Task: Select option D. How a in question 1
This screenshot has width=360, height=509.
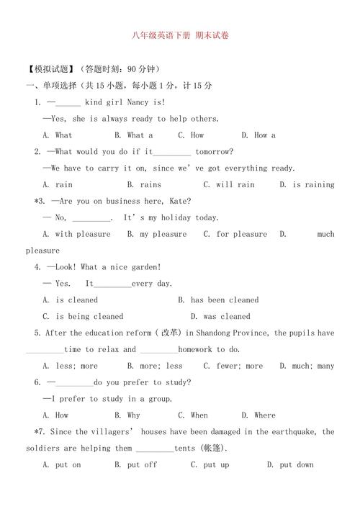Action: (258, 135)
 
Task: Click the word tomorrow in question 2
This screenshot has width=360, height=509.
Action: (210, 151)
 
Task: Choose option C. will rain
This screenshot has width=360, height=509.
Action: (229, 184)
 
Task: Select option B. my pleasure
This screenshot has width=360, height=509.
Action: (156, 234)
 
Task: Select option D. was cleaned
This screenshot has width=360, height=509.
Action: (220, 317)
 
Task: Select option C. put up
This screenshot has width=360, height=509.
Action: (210, 465)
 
